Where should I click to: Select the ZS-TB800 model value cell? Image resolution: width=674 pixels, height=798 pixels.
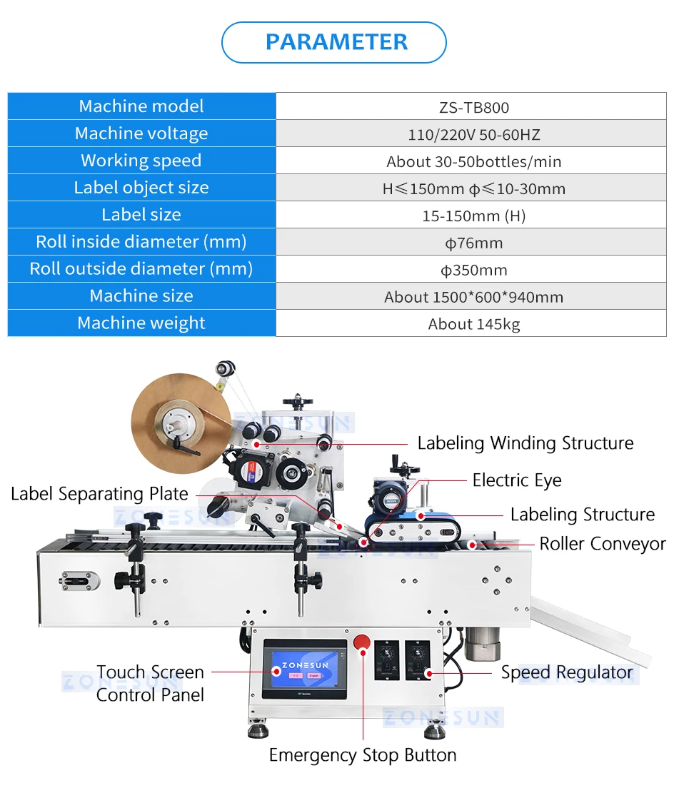pyautogui.click(x=473, y=107)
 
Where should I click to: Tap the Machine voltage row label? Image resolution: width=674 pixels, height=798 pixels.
pyautogui.click(x=141, y=133)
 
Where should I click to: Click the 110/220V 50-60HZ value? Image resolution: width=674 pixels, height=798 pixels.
pyautogui.click(x=473, y=134)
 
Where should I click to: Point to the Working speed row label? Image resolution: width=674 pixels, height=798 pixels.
pyautogui.click(x=141, y=161)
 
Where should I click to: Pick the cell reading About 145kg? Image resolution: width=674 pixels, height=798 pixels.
pyautogui.click(x=473, y=324)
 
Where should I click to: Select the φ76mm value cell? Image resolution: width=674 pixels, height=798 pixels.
pyautogui.click(x=473, y=243)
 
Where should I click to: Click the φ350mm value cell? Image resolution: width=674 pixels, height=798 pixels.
pyautogui.click(x=473, y=270)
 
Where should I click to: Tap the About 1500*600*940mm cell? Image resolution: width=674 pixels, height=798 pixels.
pyautogui.click(x=473, y=297)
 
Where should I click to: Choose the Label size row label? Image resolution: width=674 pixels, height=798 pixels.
pyautogui.click(x=141, y=215)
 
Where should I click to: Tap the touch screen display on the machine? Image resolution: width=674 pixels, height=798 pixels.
pyautogui.click(x=304, y=670)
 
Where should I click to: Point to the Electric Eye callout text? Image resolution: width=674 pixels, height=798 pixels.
pyautogui.click(x=517, y=480)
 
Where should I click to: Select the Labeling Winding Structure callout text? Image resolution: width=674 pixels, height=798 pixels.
pyautogui.click(x=525, y=443)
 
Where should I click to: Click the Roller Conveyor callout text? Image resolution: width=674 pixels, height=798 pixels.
pyautogui.click(x=602, y=544)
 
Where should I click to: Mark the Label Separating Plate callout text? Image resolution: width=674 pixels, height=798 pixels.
pyautogui.click(x=99, y=494)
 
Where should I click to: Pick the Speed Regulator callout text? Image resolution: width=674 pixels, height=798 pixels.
pyautogui.click(x=567, y=672)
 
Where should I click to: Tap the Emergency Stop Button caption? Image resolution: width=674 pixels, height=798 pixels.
pyautogui.click(x=363, y=755)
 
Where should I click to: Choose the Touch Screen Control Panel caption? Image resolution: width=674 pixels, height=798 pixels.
pyautogui.click(x=151, y=683)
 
